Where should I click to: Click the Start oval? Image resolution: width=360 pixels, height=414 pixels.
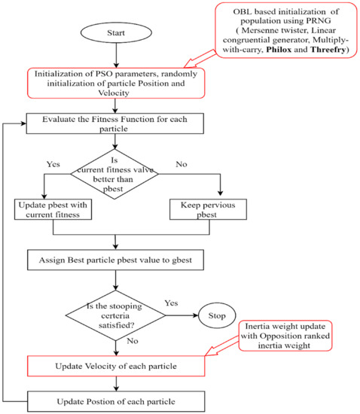115,34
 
